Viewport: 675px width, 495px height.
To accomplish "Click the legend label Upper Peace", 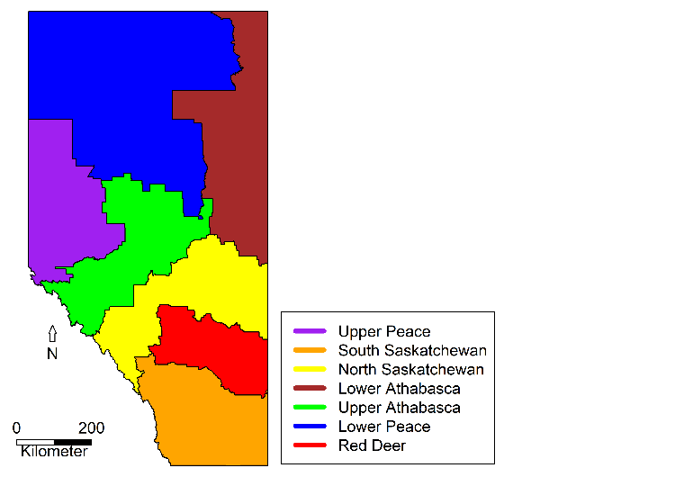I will [x=384, y=332].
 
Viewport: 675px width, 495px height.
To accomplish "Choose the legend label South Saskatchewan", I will [x=412, y=351].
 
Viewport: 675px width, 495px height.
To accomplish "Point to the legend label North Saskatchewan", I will [x=411, y=370].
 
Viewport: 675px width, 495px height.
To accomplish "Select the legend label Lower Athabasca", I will [x=400, y=389].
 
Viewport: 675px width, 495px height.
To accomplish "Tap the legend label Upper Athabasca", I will [x=400, y=408].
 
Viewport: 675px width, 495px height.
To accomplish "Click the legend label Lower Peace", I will [x=384, y=427].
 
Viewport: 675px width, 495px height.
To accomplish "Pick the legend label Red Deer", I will [x=372, y=445].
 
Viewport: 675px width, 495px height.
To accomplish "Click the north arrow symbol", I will [x=52, y=334].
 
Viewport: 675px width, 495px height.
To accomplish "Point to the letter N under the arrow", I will [x=52, y=354].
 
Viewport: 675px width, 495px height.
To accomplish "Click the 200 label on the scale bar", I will [x=90, y=427].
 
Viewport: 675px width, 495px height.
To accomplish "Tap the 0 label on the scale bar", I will [x=17, y=427].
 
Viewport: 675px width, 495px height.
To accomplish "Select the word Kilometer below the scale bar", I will [x=55, y=451].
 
